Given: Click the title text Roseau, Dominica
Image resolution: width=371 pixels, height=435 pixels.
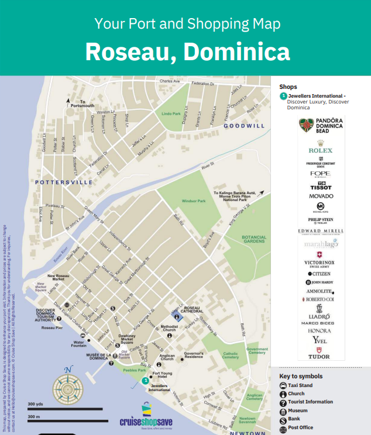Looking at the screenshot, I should coord(187,51).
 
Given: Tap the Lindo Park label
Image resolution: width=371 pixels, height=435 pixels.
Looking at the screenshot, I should coord(171,113).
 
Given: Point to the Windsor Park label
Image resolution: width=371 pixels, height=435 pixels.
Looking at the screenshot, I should coord(194,201).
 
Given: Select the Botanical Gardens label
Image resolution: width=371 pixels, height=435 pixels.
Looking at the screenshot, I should coord(254,239).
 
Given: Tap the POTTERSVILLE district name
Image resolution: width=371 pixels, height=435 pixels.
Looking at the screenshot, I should coord(64,182).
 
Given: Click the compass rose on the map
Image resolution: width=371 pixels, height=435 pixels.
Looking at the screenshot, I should coord(68,387).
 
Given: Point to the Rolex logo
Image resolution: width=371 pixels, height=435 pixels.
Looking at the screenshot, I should coord(321,150).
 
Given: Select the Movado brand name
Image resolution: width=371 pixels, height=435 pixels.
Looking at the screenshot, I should coord(321,196).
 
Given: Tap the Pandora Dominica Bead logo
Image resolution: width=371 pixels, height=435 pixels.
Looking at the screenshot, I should coord(321,126).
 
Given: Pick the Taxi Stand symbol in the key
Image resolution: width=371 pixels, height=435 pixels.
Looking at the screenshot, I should coord(283,386).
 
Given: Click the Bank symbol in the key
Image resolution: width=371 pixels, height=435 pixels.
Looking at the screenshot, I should coord(283,419).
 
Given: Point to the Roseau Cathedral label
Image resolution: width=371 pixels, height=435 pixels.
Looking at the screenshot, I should coord(193,309).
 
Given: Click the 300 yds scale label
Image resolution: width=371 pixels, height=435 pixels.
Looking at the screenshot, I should coord(35,404).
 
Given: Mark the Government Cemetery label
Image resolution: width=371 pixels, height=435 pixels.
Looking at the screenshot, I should coord(256,351).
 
